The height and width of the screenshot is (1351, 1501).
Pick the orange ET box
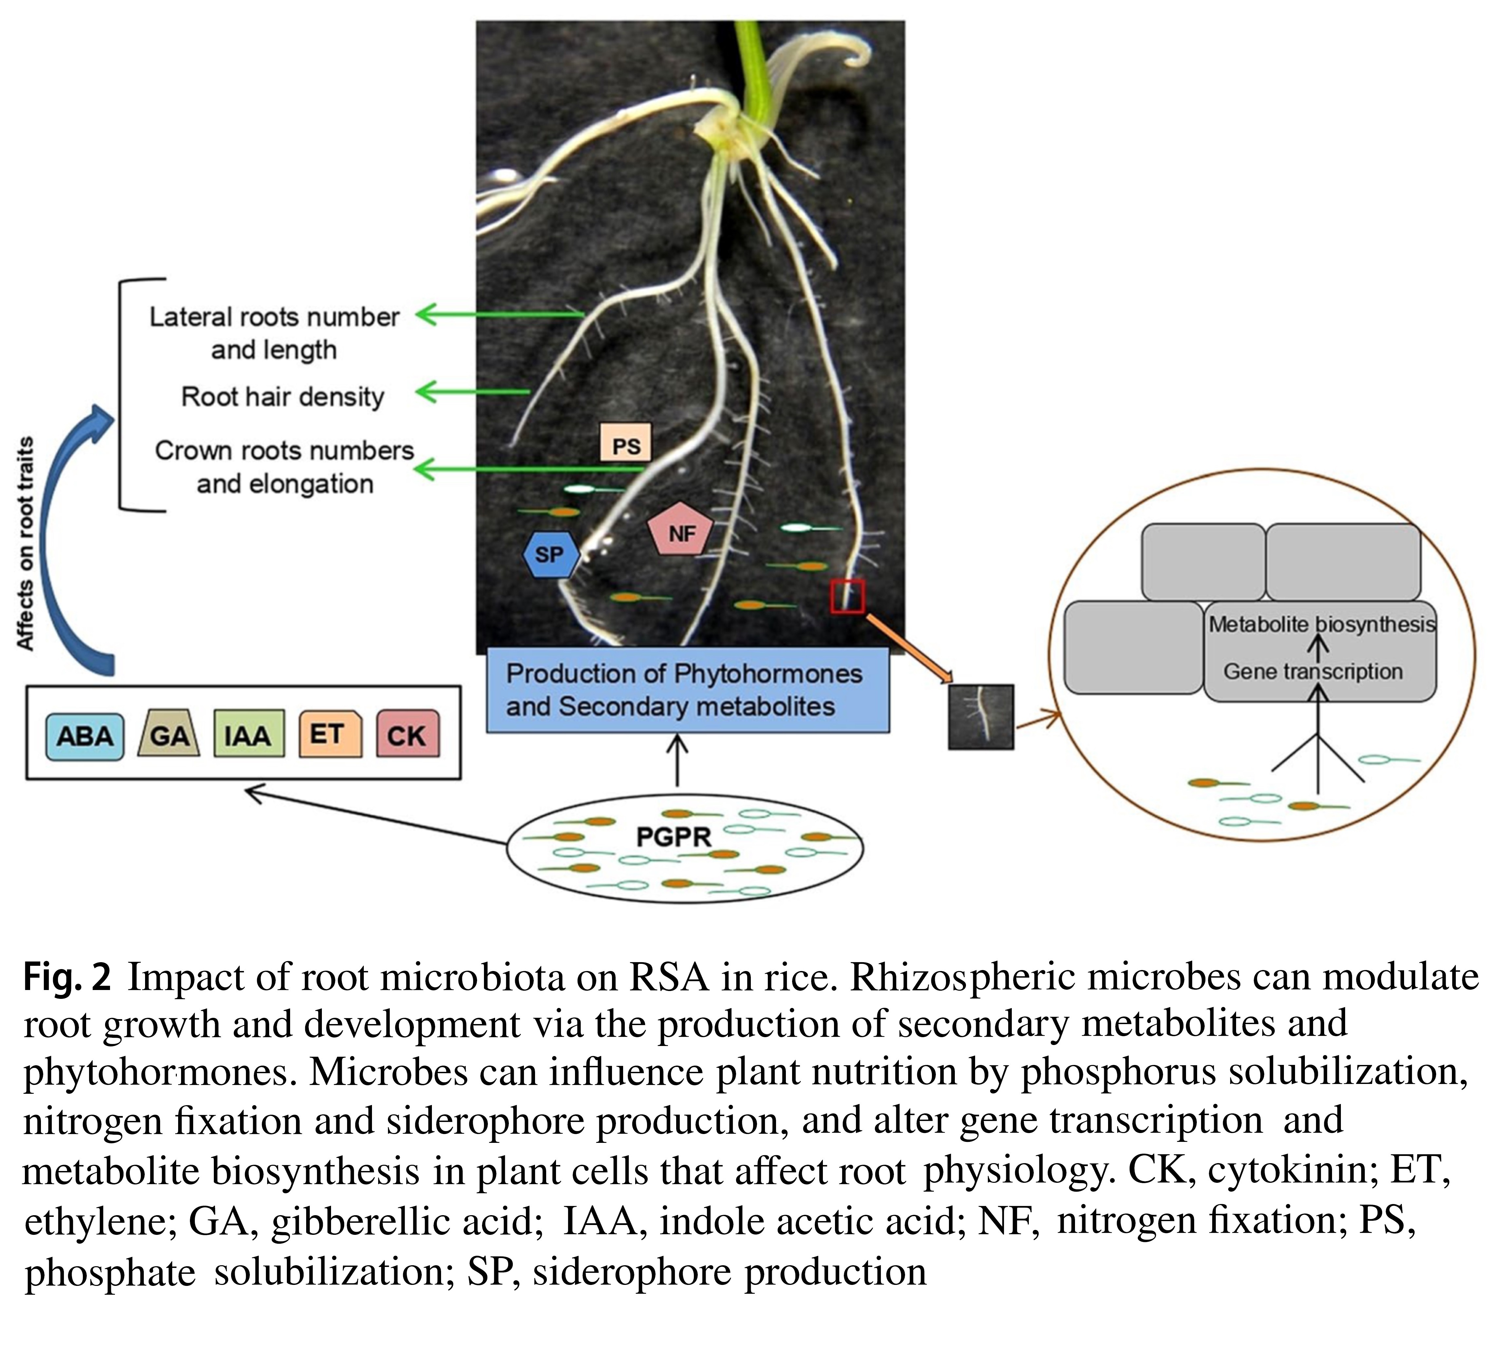tap(330, 734)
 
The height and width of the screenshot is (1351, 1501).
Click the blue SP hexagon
tap(549, 554)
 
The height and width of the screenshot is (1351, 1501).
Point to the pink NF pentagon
tap(680, 531)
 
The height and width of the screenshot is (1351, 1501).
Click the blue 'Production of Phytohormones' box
tap(687, 690)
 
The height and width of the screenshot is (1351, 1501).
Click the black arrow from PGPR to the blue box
tap(676, 761)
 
